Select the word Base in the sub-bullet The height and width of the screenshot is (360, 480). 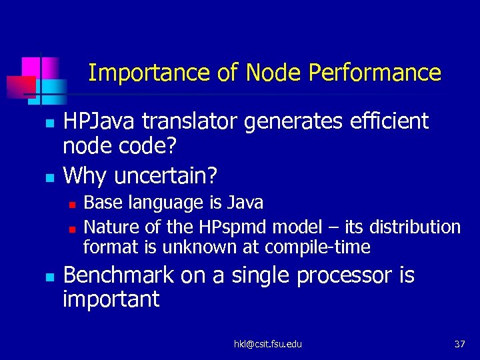[x=101, y=202]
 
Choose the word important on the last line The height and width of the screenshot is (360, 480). [x=111, y=299]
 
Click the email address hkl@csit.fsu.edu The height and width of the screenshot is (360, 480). [x=267, y=344]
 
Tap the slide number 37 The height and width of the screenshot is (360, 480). [x=459, y=344]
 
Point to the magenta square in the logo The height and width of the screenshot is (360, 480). [x=31, y=67]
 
